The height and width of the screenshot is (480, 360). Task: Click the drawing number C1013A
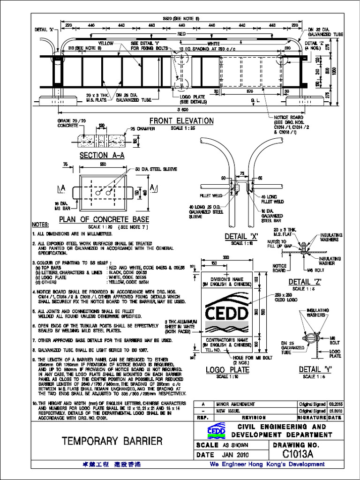(x=298, y=454)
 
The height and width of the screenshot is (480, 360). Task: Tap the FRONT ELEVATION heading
(x=181, y=121)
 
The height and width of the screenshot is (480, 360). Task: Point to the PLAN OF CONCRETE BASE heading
(x=104, y=219)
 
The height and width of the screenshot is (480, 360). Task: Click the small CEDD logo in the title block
(x=217, y=430)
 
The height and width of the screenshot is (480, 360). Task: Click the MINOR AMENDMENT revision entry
(x=235, y=404)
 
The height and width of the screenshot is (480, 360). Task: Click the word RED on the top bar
(x=181, y=34)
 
